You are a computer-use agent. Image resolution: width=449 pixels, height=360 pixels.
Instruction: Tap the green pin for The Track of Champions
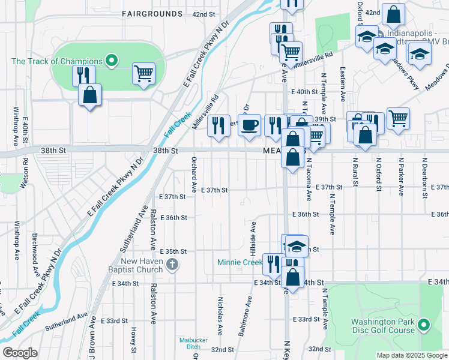coord(110,60)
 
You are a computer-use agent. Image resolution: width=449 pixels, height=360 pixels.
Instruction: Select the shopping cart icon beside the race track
coord(143,74)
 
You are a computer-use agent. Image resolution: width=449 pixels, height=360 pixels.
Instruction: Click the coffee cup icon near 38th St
coord(249,125)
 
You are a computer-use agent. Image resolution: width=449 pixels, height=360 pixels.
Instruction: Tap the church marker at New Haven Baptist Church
coord(172,265)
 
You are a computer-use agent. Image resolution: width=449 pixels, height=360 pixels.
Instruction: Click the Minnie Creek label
coord(240,262)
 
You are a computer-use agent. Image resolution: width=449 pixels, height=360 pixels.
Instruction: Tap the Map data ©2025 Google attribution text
coord(411,355)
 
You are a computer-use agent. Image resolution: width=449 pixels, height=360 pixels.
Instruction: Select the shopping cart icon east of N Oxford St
coord(398,118)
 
